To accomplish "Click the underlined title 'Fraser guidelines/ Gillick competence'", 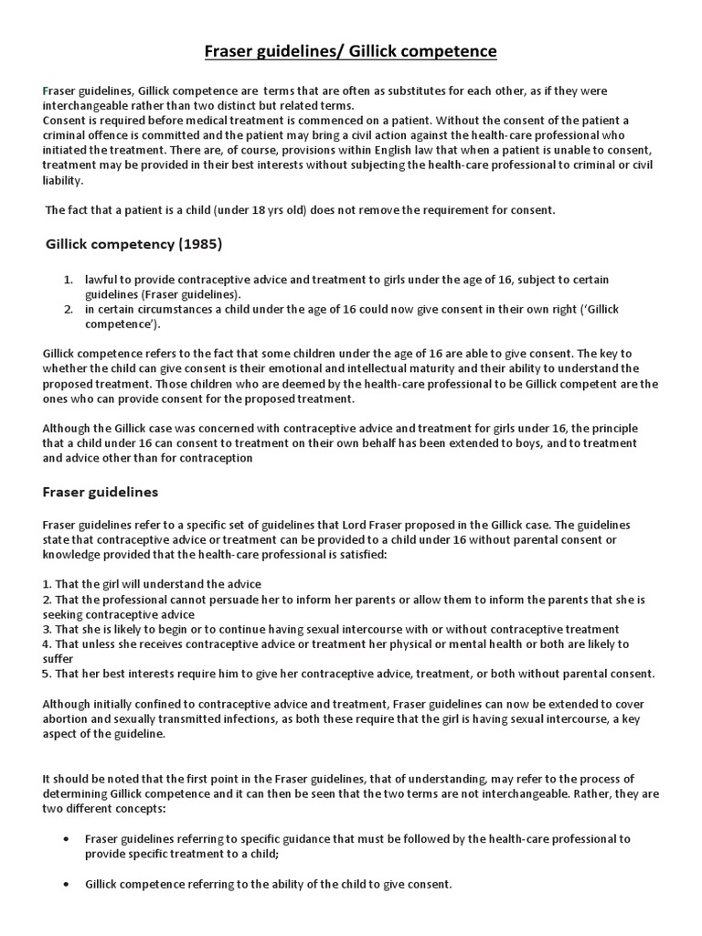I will [x=350, y=51].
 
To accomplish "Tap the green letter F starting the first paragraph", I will [x=46, y=91].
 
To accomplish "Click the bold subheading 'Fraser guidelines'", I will [x=101, y=492].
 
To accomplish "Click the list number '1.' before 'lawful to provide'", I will [x=69, y=280].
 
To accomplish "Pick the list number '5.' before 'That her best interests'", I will [x=47, y=674].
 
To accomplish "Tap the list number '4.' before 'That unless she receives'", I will [x=47, y=644].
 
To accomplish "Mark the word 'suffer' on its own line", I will [x=58, y=658].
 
